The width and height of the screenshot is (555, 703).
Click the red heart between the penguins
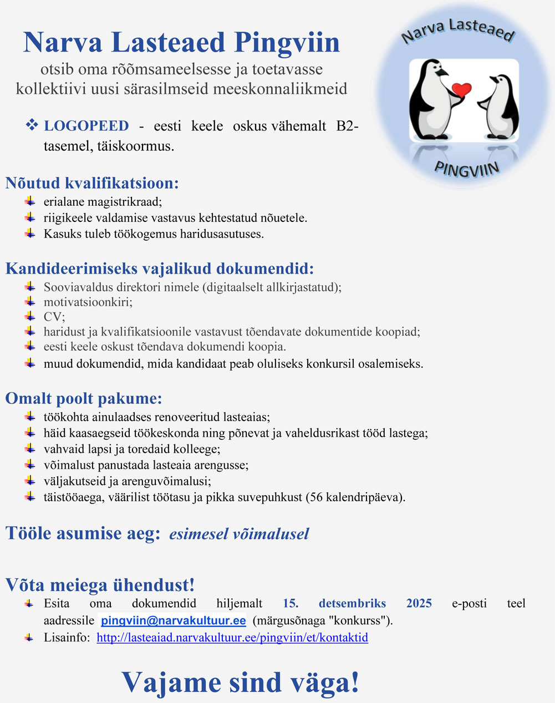461,89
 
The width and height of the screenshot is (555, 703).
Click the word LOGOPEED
86,126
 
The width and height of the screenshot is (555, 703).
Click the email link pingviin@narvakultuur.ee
173,620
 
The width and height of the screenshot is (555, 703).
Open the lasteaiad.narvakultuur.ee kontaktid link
232,638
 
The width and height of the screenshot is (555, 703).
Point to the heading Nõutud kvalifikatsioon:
92,183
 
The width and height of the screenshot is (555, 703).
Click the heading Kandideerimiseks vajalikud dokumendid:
160,269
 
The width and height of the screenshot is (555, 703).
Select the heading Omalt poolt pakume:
84,398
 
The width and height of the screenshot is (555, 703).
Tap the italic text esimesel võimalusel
239,534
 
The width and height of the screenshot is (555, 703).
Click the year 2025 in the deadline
419,603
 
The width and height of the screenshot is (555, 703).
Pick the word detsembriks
352,603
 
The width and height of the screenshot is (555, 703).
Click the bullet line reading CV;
54,317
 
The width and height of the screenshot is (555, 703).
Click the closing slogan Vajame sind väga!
240,682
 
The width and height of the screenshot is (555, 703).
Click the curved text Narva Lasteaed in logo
458,31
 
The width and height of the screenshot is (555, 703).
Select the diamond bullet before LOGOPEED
32,125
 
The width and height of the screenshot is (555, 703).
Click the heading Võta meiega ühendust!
100,585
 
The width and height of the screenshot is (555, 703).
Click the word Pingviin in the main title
287,43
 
